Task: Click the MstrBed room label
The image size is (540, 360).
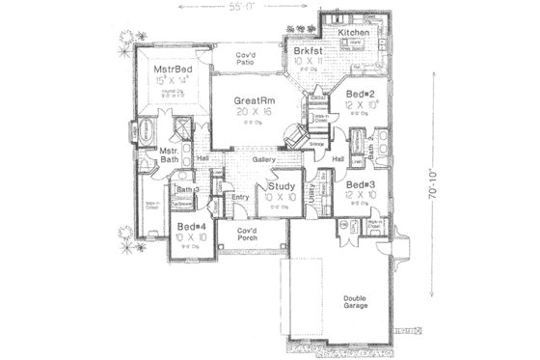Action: pos(176,70)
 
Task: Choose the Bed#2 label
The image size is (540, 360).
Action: pos(362,94)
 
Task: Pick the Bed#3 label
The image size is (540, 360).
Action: pos(360,183)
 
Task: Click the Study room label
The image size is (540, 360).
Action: pos(282,186)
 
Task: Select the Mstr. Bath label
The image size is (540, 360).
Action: pos(169,157)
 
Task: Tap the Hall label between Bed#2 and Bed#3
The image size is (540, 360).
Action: pos(338,158)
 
